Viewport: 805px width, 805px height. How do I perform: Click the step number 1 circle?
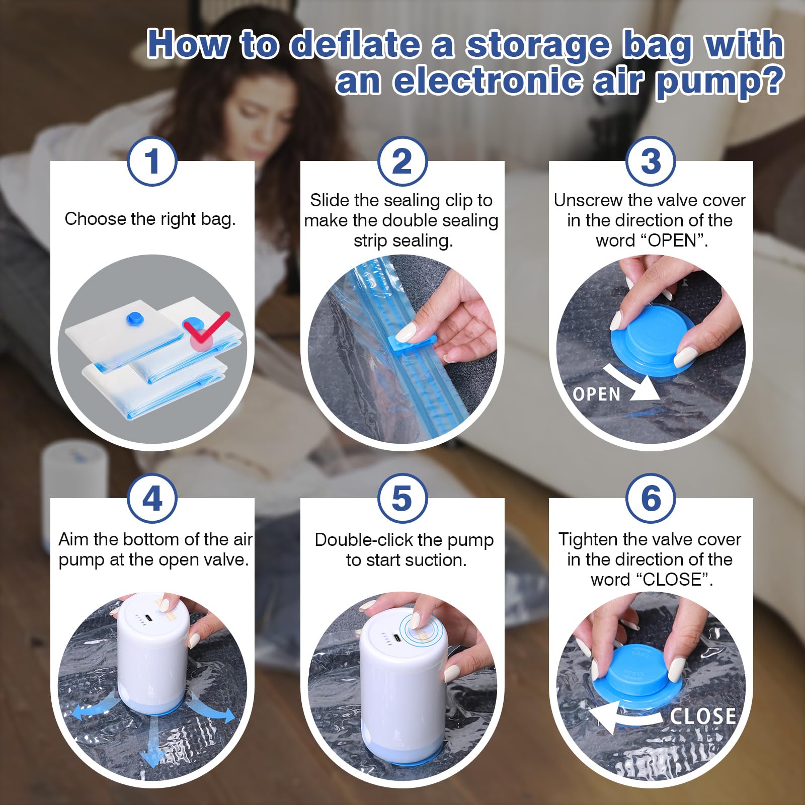(152, 162)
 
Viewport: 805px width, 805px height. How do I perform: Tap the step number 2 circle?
(402, 162)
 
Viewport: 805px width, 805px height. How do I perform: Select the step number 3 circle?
(651, 162)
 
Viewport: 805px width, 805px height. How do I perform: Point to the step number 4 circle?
(152, 499)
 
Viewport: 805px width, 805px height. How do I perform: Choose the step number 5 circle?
(402, 499)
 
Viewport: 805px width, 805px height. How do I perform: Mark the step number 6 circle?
(651, 499)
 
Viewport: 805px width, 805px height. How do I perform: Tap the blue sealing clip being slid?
(410, 347)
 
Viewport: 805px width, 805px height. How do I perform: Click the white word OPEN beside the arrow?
(597, 394)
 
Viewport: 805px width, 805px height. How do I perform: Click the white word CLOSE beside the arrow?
(703, 716)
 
